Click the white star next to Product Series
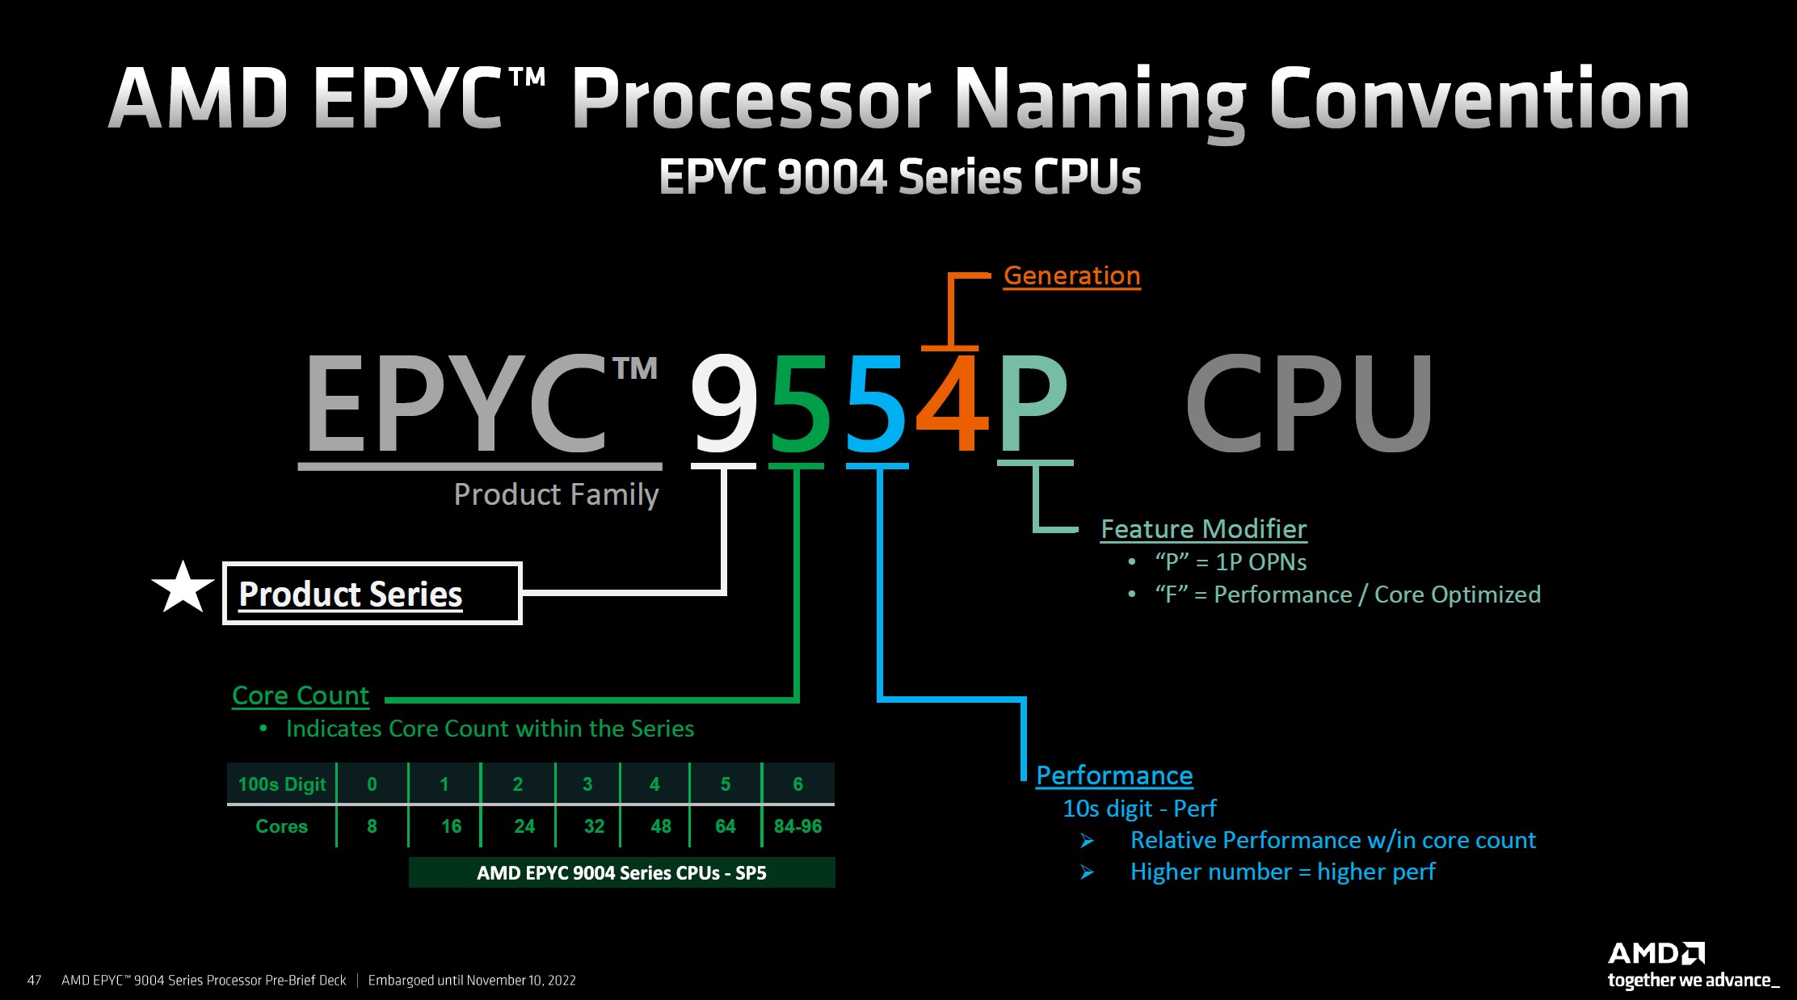[183, 588]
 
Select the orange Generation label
[1071, 275]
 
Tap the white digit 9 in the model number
[724, 403]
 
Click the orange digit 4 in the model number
[953, 403]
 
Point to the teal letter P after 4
[1033, 403]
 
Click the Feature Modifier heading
[1203, 529]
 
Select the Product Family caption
[556, 494]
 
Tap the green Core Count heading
[300, 695]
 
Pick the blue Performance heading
[1114, 775]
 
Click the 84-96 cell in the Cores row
[797, 826]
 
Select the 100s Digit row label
[281, 784]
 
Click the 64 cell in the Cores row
[725, 826]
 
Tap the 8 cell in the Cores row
[372, 826]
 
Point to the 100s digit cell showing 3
[587, 784]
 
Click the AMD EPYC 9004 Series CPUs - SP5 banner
[621, 872]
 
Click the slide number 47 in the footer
[34, 981]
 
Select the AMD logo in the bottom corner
[1656, 954]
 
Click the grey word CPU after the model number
[1309, 403]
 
